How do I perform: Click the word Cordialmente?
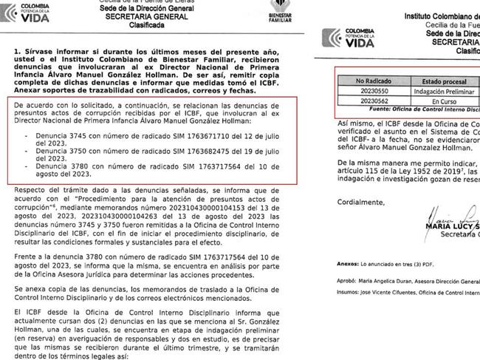[x=363, y=201]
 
